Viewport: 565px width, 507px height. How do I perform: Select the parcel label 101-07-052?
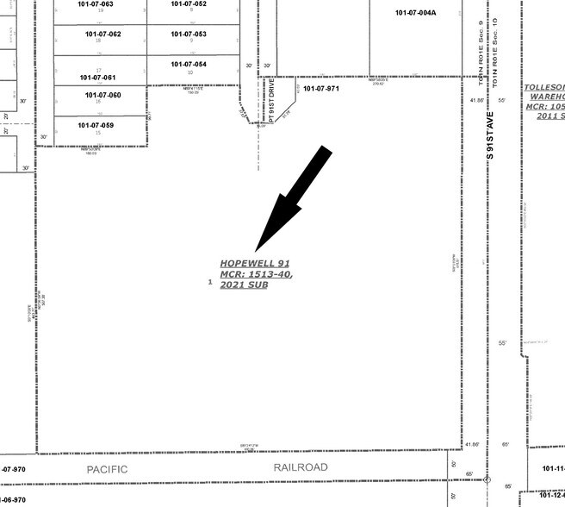(189, 4)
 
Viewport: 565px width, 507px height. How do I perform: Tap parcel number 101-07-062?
(102, 34)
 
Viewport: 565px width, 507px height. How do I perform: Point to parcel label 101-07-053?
(189, 34)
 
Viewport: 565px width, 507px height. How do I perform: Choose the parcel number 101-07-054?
(189, 65)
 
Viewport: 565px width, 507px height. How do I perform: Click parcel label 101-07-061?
(96, 78)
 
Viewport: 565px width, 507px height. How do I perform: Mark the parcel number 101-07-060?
(102, 95)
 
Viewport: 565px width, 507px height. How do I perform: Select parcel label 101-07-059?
(96, 126)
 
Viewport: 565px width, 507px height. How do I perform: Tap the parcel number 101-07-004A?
(416, 13)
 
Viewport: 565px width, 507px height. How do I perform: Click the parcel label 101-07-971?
(321, 89)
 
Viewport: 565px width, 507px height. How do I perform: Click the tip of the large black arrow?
(257, 251)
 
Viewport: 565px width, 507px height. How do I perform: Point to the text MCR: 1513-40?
(256, 274)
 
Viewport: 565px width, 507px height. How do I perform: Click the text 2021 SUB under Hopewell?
(244, 285)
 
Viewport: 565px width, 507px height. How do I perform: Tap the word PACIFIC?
(107, 468)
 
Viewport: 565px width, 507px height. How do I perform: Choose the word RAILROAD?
(301, 467)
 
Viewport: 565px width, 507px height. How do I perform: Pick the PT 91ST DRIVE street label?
(270, 100)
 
